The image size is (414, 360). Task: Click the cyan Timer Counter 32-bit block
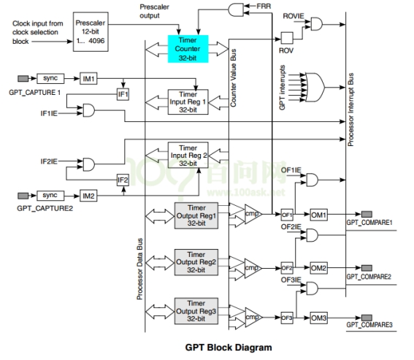pyautogui.click(x=188, y=49)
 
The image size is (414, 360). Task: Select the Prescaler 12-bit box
pyautogui.click(x=91, y=31)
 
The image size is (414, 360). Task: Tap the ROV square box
pyautogui.click(x=287, y=38)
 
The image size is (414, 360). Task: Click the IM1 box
pyautogui.click(x=88, y=78)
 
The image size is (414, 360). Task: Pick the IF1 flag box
pyautogui.click(x=123, y=94)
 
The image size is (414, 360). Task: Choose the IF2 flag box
pyautogui.click(x=123, y=180)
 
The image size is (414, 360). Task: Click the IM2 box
pyautogui.click(x=88, y=196)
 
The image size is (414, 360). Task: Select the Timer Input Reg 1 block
pyautogui.click(x=188, y=102)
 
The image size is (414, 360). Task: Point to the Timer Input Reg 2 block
pyautogui.click(x=188, y=156)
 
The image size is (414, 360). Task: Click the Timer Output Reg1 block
pyautogui.click(x=196, y=215)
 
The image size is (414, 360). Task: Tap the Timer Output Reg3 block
pyautogui.click(x=196, y=311)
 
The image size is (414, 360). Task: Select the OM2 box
pyautogui.click(x=318, y=268)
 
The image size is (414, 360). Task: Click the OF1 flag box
pyautogui.click(x=287, y=215)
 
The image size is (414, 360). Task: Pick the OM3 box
pyautogui.click(x=318, y=318)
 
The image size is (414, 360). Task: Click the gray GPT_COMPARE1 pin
pyautogui.click(x=367, y=214)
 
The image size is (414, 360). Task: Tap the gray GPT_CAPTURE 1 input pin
pyautogui.click(x=23, y=78)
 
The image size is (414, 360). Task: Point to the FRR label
pyautogui.click(x=264, y=6)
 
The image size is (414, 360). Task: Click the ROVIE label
pyautogui.click(x=294, y=16)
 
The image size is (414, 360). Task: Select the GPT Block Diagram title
pyautogui.click(x=229, y=348)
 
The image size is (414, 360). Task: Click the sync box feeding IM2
pyautogui.click(x=50, y=196)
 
